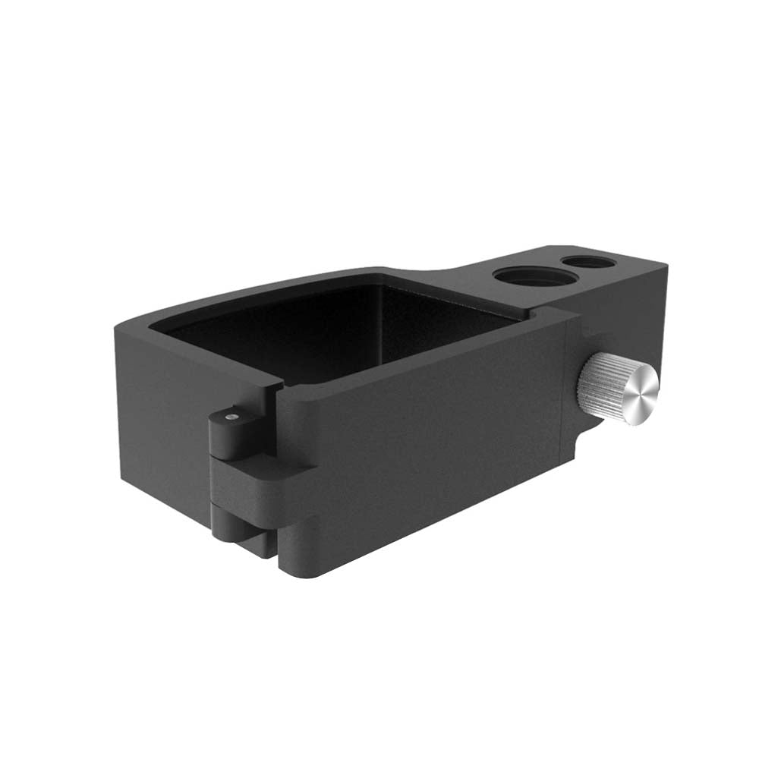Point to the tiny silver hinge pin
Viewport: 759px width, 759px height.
point(231,416)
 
